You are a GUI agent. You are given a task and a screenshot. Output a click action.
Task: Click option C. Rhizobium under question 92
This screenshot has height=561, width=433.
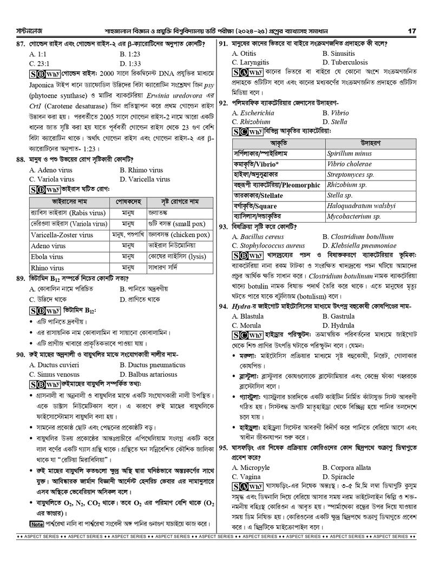251,122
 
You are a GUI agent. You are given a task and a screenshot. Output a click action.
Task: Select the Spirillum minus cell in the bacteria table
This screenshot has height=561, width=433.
349,154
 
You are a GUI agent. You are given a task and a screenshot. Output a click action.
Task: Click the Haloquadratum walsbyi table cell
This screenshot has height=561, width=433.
361,206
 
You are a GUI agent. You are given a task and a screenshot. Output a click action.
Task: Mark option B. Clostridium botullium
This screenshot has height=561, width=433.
358,237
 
